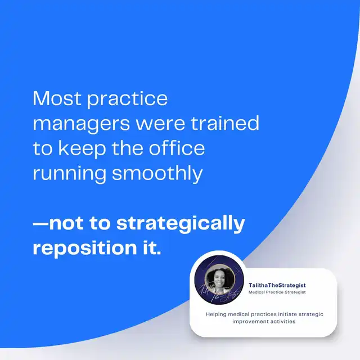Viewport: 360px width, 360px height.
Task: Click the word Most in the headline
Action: click(57, 98)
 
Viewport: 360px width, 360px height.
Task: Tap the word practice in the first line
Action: click(128, 100)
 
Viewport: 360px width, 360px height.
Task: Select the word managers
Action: click(82, 124)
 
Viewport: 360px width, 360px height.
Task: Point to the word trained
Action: click(225, 123)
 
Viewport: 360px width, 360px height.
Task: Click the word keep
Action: click(82, 149)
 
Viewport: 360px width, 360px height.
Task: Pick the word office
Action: click(177, 147)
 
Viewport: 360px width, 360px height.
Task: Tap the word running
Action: click(69, 174)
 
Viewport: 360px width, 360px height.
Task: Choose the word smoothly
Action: click(157, 174)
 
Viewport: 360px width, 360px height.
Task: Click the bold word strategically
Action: click(181, 223)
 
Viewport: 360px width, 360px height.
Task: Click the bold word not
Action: click(66, 223)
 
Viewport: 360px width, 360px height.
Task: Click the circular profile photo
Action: click(219, 280)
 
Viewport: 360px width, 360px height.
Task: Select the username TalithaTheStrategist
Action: click(277, 285)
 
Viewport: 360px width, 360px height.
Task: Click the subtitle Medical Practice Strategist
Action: click(277, 292)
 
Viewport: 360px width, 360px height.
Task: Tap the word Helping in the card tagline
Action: click(216, 314)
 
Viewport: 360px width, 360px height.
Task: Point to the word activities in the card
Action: click(283, 321)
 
